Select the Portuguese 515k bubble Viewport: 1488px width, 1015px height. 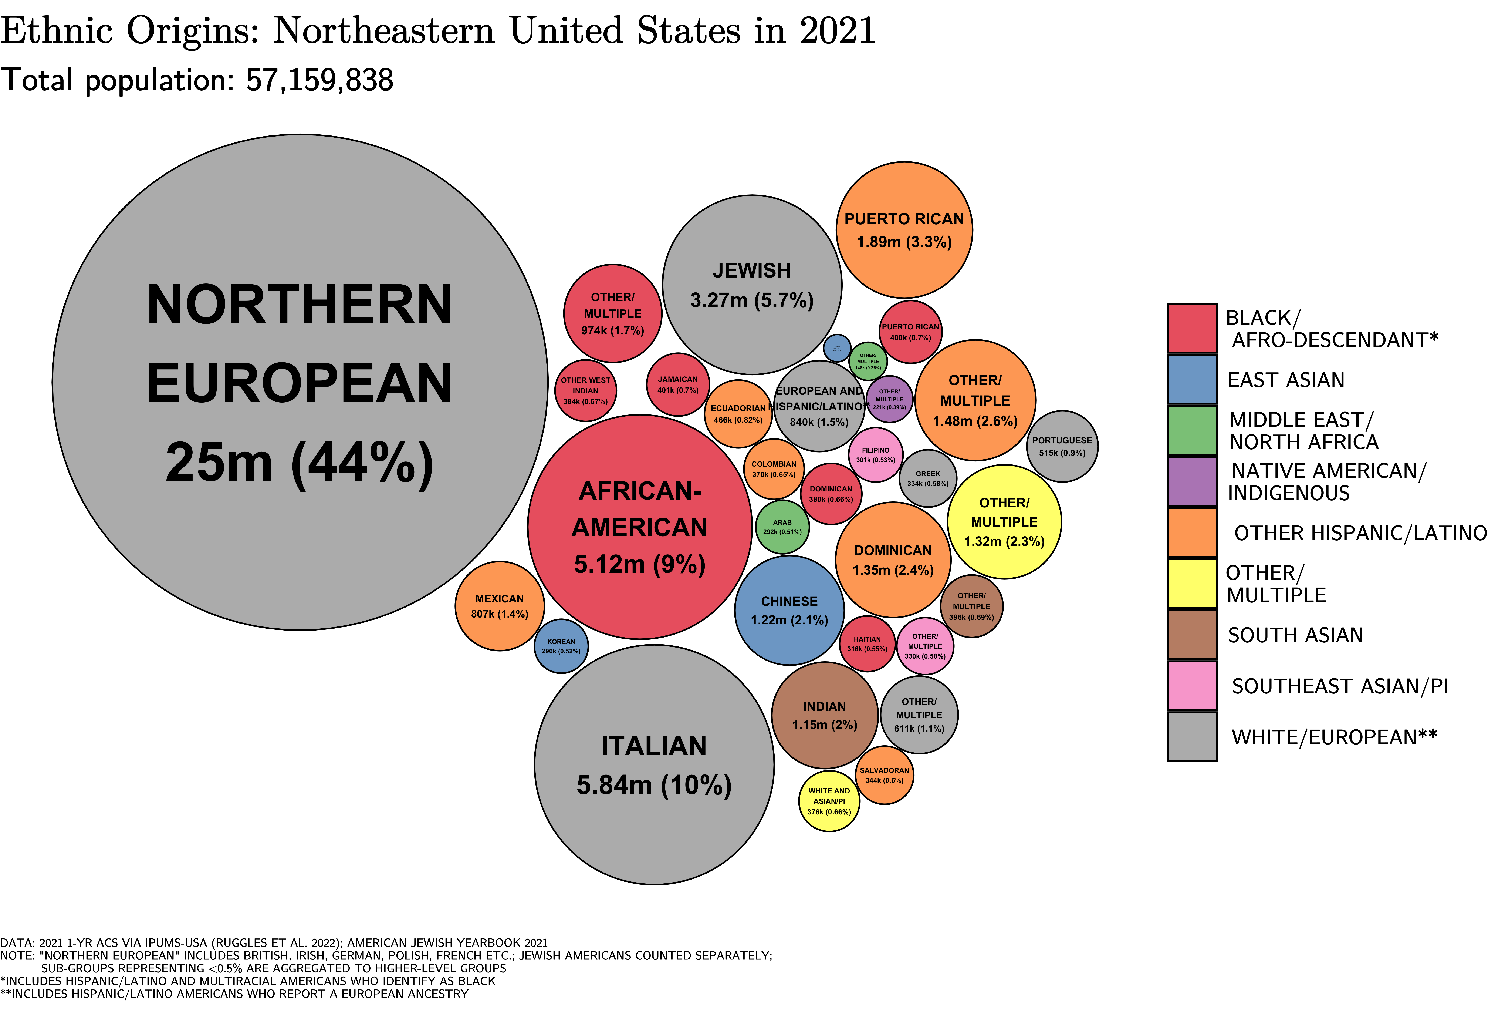1062,446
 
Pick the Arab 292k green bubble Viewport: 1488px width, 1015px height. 782,527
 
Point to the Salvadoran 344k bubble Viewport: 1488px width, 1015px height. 884,776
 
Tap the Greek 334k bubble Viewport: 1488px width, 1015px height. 928,478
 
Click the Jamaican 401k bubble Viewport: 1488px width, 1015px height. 678,384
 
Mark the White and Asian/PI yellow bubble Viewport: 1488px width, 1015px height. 829,801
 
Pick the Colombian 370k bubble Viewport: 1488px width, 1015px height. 774,469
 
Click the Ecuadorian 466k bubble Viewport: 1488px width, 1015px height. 738,414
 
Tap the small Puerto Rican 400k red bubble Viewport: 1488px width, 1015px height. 910,332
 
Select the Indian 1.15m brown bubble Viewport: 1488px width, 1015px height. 825,715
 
